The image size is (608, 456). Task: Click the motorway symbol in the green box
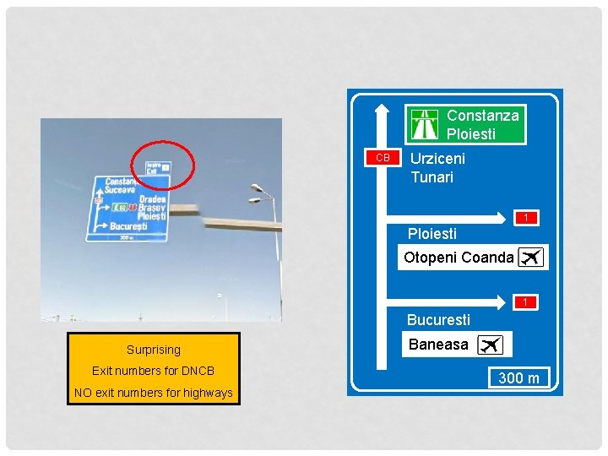pyautogui.click(x=425, y=124)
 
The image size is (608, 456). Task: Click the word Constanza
pyautogui.click(x=482, y=115)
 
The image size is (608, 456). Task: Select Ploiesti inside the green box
pyautogui.click(x=470, y=134)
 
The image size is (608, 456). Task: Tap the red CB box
pyautogui.click(x=383, y=158)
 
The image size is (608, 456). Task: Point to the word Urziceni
pyautogui.click(x=437, y=158)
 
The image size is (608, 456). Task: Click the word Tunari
pyautogui.click(x=432, y=177)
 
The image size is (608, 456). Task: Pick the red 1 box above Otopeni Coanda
pyautogui.click(x=525, y=218)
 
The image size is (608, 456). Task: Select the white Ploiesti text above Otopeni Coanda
pyautogui.click(x=432, y=234)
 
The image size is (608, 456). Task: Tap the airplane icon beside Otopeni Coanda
pyautogui.click(x=530, y=258)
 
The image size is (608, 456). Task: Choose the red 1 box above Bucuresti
pyautogui.click(x=525, y=301)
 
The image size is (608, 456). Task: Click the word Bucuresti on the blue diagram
pyautogui.click(x=438, y=320)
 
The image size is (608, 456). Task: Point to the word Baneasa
pyautogui.click(x=437, y=345)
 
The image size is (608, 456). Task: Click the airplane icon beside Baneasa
pyautogui.click(x=490, y=345)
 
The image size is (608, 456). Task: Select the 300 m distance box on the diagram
pyautogui.click(x=518, y=377)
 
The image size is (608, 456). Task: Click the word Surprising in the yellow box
pyautogui.click(x=154, y=350)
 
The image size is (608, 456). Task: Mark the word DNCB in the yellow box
pyautogui.click(x=198, y=371)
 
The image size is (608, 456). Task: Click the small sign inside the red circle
pyautogui.click(x=158, y=167)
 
